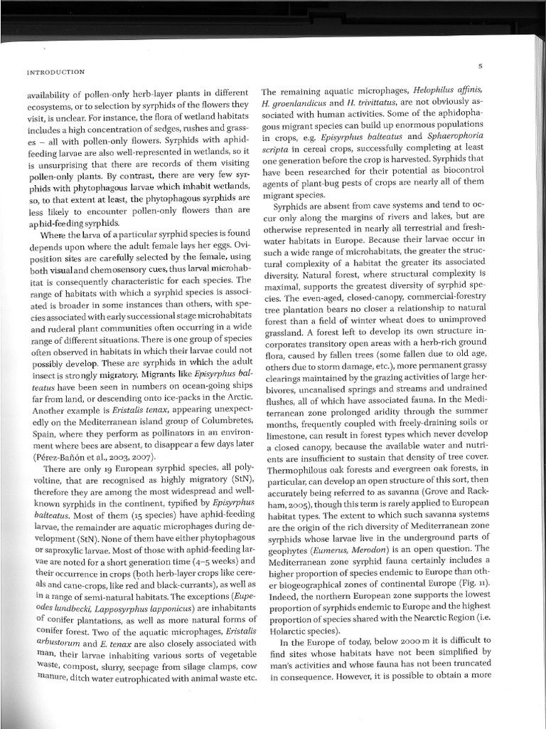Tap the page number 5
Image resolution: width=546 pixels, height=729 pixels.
481,66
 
